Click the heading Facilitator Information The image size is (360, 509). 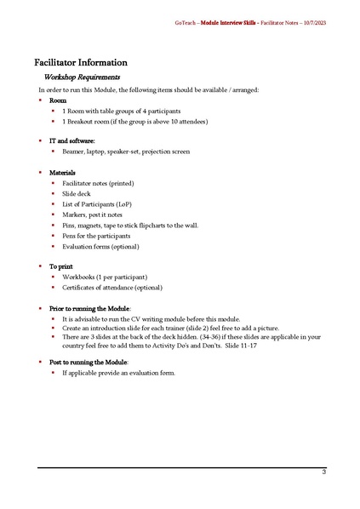point(81,62)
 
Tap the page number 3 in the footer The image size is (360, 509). point(323,472)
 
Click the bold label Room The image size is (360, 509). point(58,100)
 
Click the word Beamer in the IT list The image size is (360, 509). point(73,152)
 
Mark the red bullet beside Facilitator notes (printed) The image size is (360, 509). point(52,183)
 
